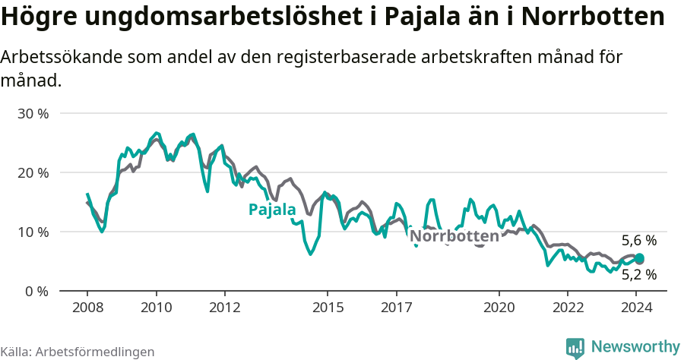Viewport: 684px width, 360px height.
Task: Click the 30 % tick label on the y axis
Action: point(32,114)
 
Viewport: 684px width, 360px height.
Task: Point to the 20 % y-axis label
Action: point(32,172)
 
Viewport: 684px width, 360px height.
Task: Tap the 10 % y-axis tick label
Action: point(32,232)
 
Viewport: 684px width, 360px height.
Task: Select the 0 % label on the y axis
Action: point(36,291)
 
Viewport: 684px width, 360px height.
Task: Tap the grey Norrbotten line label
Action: point(454,236)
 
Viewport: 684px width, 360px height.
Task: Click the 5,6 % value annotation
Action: point(638,241)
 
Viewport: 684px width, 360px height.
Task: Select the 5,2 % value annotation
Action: point(638,275)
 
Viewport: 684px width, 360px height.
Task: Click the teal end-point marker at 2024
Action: point(640,258)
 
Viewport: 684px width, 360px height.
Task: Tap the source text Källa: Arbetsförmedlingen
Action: point(78,352)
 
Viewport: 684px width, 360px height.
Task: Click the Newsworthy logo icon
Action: point(575,348)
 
